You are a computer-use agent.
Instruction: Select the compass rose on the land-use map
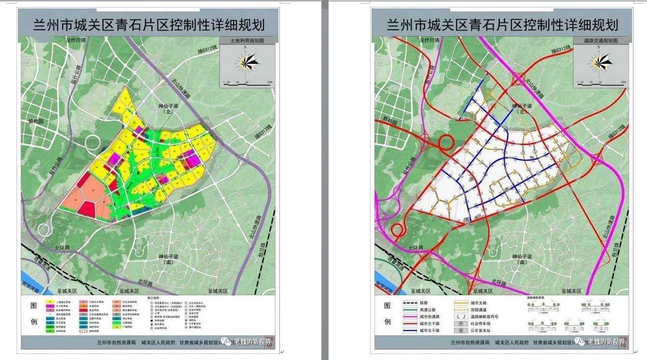tap(248, 62)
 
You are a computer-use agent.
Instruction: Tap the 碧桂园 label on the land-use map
tap(36, 121)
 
